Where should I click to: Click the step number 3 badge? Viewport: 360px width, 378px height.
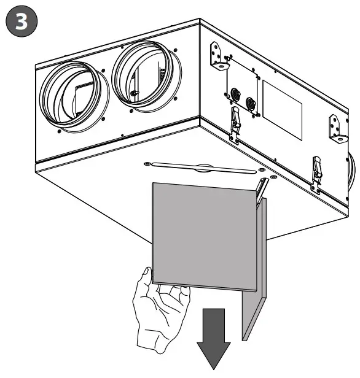coord(21,21)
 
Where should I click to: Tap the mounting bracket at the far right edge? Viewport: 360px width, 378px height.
coord(337,127)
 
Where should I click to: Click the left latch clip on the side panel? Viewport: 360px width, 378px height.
coord(235,119)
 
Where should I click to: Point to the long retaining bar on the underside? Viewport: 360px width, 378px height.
coord(203,167)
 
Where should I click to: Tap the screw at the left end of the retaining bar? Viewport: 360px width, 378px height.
coord(147,163)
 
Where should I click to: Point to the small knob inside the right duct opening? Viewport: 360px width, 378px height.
coord(134,93)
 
